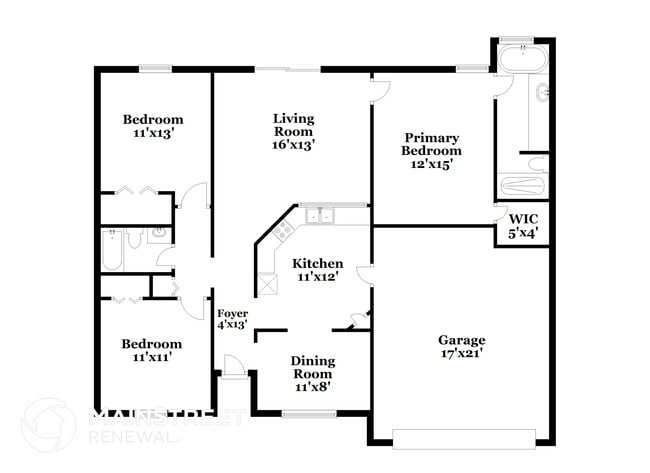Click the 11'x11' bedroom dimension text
(x=153, y=357)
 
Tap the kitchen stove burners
(x=282, y=231)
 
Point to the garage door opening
(x=463, y=437)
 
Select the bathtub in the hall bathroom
(x=112, y=250)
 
